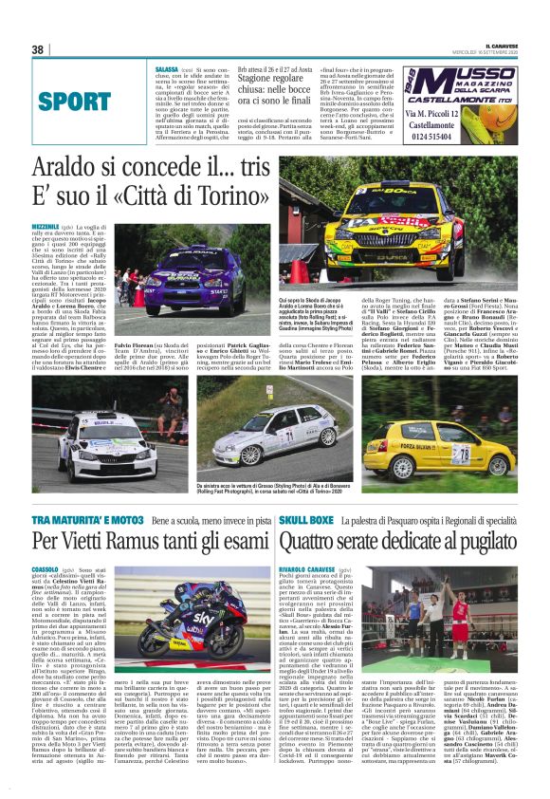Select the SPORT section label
tap(75, 101)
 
